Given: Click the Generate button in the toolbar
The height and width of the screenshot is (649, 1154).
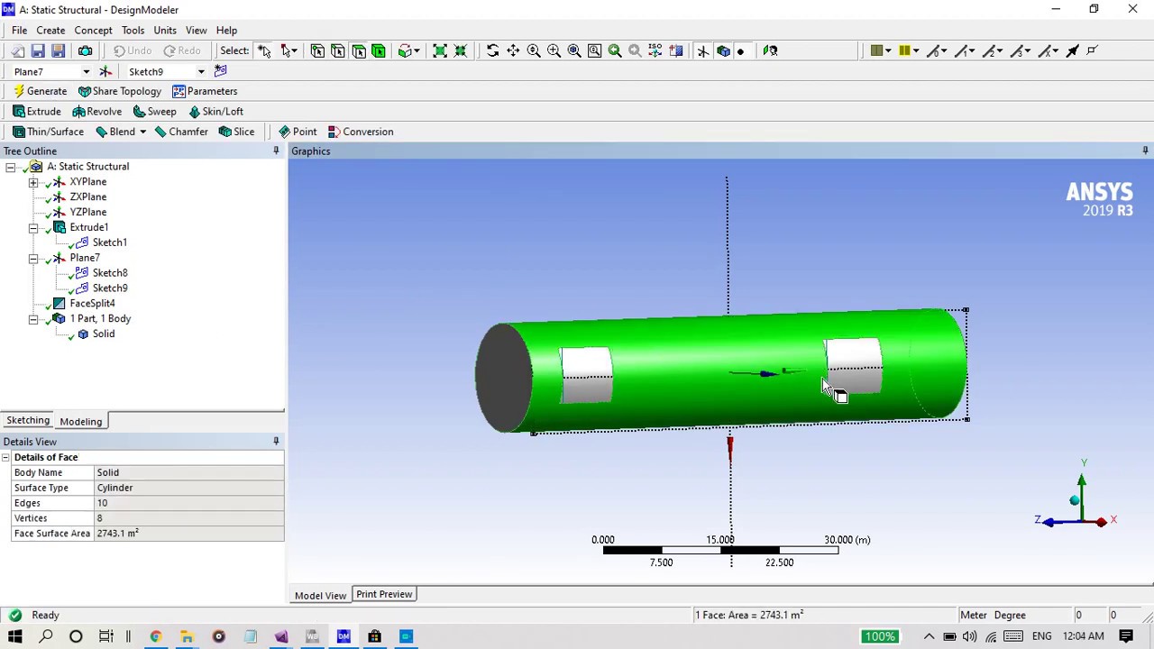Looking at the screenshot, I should click(41, 91).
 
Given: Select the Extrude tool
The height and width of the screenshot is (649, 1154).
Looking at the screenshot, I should click(37, 112).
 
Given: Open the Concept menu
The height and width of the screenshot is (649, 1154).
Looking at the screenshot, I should click(93, 31).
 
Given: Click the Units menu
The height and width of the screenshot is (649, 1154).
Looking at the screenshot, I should click(165, 31).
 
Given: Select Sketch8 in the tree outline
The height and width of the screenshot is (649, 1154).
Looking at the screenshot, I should click(109, 273).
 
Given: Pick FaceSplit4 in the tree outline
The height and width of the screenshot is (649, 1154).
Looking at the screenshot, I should click(92, 304).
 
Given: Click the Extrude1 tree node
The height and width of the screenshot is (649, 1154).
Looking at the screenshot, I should click(88, 227).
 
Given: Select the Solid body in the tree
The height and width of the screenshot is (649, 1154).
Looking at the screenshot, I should click(103, 334).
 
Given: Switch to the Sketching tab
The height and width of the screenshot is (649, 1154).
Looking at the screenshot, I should click(28, 421).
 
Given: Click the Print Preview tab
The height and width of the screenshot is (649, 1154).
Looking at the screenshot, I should click(384, 595).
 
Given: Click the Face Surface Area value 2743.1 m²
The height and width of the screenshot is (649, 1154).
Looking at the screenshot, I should click(117, 534).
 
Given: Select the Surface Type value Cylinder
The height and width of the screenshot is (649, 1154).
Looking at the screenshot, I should click(114, 488).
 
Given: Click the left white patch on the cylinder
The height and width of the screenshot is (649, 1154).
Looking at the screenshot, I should click(586, 375).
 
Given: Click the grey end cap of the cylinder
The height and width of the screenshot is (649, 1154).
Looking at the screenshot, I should click(503, 379).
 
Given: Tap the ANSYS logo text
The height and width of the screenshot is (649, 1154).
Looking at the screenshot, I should click(1099, 192).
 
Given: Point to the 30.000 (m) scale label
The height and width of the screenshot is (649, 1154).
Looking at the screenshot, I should click(847, 540).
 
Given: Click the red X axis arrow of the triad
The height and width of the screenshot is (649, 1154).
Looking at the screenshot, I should click(1101, 522).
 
